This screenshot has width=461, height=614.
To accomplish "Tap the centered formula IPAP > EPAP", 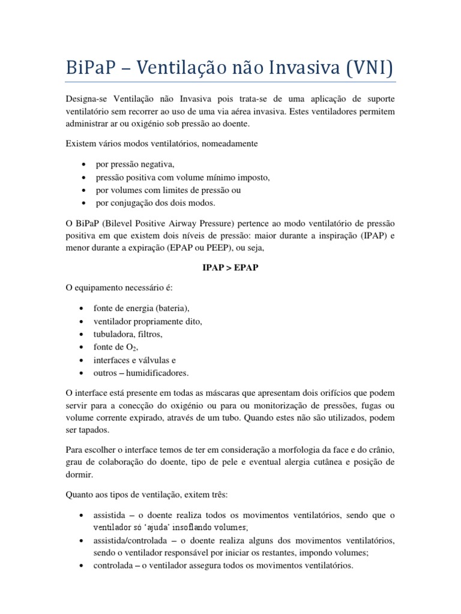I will (x=230, y=267).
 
